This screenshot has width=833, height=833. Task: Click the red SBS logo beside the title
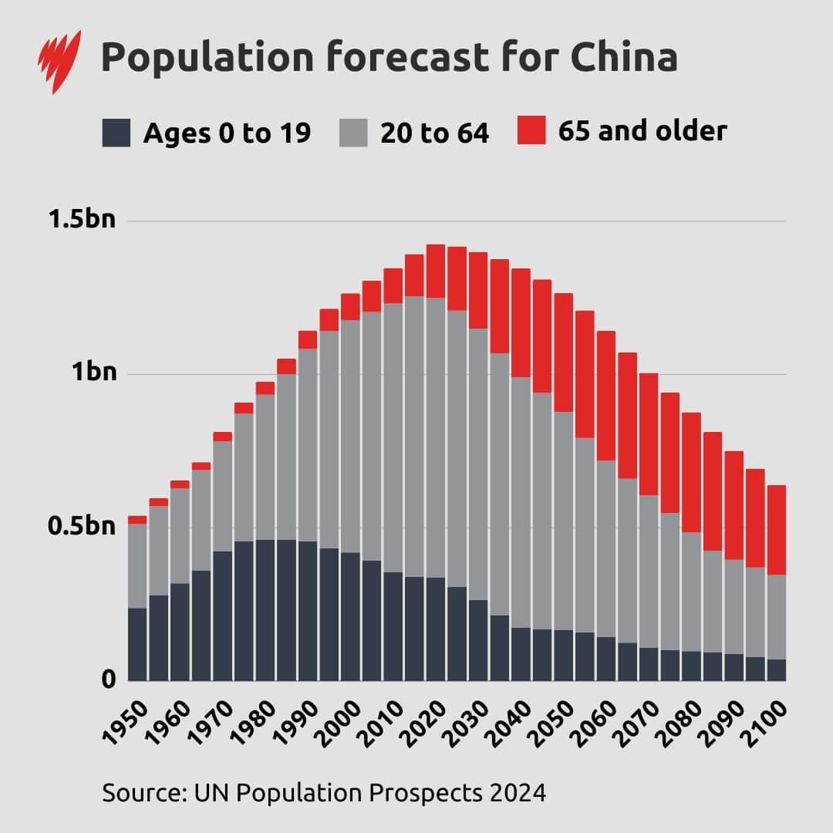click(x=60, y=62)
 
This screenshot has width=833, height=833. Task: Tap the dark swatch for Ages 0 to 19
click(x=116, y=133)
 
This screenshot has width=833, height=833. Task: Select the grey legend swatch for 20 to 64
click(x=352, y=133)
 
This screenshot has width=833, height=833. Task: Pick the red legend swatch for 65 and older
click(x=531, y=130)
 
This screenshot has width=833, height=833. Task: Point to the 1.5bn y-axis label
click(x=82, y=220)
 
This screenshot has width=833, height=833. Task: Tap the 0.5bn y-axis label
click(x=82, y=527)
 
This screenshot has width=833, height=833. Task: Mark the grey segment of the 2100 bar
click(x=775, y=617)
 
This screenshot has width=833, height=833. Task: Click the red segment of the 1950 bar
click(x=137, y=520)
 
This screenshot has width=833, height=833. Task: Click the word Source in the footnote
click(x=137, y=792)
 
